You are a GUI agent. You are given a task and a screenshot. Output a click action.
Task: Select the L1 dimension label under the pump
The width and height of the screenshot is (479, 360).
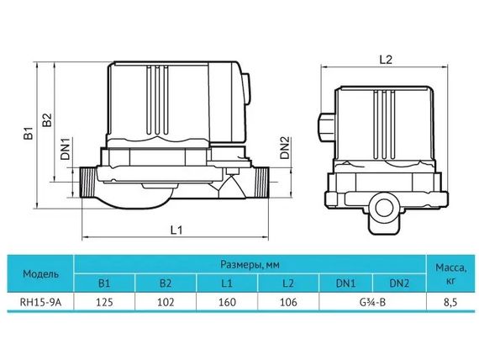point(177,229)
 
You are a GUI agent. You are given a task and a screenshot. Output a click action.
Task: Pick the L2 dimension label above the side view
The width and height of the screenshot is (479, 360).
point(386,59)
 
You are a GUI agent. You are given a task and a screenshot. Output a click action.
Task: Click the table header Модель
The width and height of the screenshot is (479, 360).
point(40,274)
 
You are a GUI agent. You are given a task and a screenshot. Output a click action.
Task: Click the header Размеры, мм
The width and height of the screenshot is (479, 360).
point(250,263)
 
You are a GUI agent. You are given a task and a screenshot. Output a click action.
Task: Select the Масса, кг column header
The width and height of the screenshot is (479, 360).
point(451,273)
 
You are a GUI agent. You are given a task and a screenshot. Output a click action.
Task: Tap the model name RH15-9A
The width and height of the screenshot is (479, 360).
point(40,302)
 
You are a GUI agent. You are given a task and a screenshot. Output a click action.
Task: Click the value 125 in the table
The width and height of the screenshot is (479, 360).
point(105,302)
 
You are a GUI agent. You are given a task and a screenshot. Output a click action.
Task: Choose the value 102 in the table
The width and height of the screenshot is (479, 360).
point(166,302)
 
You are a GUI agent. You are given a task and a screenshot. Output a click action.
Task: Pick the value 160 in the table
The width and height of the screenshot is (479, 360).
point(226,302)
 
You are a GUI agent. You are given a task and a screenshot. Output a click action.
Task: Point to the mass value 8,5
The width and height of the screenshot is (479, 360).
point(451,302)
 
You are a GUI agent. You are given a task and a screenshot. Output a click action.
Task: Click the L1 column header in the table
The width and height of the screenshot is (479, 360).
point(226,284)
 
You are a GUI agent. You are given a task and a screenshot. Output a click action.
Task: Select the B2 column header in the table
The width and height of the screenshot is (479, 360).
point(166,284)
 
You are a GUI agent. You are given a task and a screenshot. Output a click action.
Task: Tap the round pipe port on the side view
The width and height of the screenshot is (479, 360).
point(387,205)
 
